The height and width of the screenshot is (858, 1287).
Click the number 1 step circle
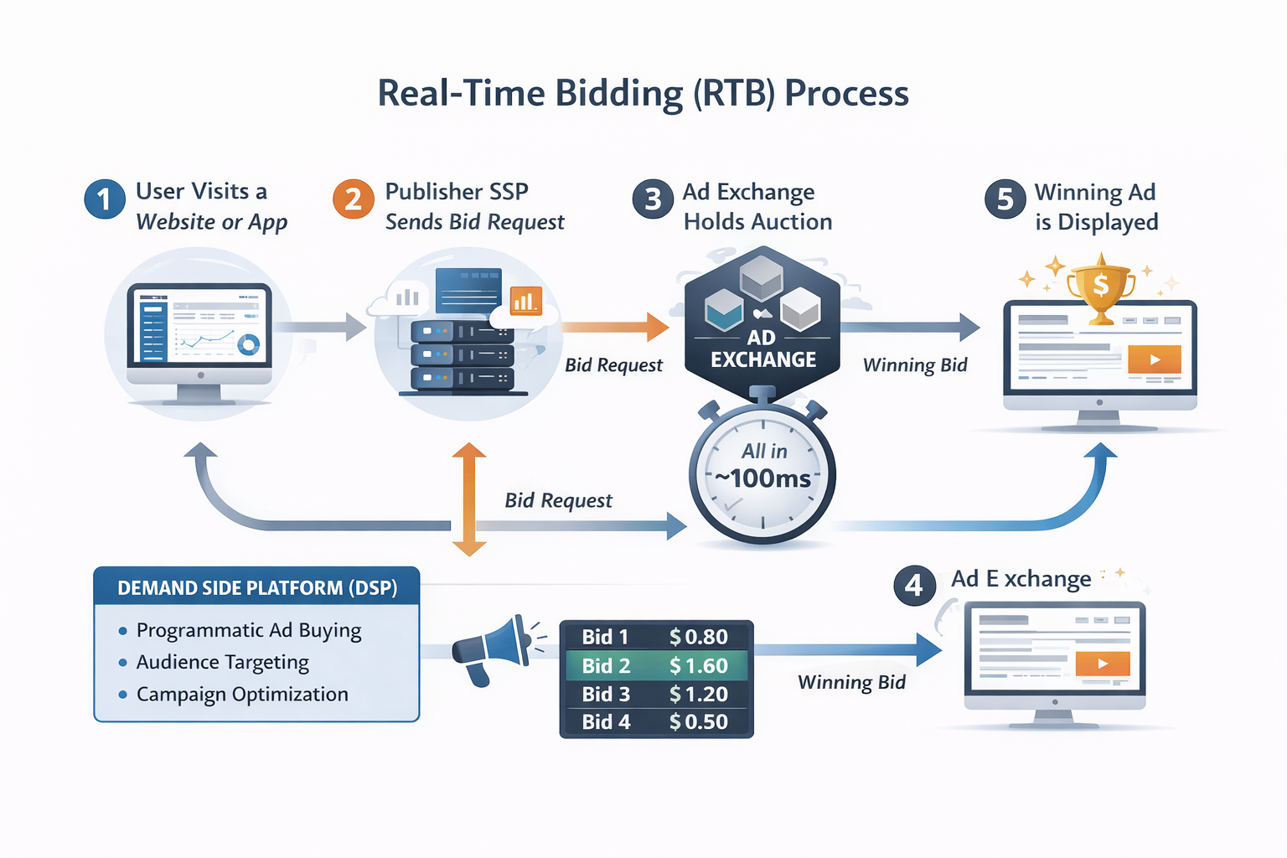pyautogui.click(x=105, y=199)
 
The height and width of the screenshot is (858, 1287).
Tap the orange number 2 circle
pyautogui.click(x=353, y=199)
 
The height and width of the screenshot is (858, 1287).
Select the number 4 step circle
pyautogui.click(x=914, y=585)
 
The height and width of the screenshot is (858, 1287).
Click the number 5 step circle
pyautogui.click(x=1005, y=199)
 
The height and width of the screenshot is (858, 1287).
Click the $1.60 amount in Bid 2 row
pyautogui.click(x=698, y=665)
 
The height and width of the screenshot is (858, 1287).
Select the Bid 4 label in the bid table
pyautogui.click(x=606, y=721)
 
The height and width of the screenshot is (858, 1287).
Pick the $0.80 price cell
pyautogui.click(x=698, y=637)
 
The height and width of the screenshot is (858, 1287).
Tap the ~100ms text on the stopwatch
pyautogui.click(x=762, y=478)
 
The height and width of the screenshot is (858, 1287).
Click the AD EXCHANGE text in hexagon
pyautogui.click(x=762, y=349)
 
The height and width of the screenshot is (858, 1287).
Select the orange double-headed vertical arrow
pyautogui.click(x=469, y=499)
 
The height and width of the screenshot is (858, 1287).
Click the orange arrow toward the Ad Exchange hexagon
pyautogui.click(x=615, y=327)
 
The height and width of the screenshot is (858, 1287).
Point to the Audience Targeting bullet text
pyautogui.click(x=222, y=662)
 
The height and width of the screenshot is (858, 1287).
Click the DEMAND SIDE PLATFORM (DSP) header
pyautogui.click(x=256, y=587)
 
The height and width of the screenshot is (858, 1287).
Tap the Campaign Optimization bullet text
pyautogui.click(x=241, y=694)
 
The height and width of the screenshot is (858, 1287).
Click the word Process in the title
pyautogui.click(x=846, y=92)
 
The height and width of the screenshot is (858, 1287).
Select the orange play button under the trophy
pyautogui.click(x=1154, y=359)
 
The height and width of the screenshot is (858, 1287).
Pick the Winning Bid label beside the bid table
pyautogui.click(x=851, y=682)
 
